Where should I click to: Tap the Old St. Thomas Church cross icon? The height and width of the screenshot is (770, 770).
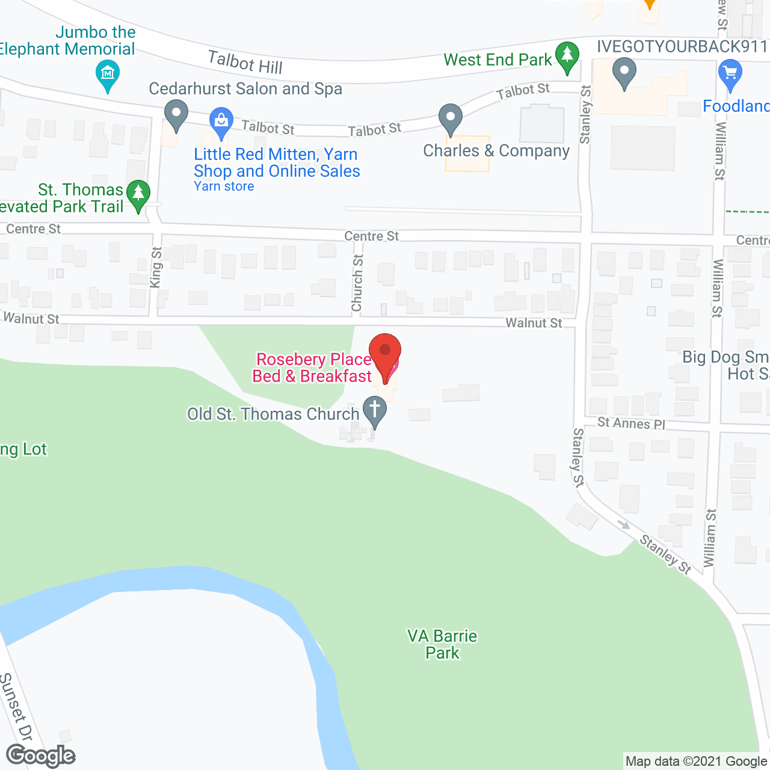(375, 411)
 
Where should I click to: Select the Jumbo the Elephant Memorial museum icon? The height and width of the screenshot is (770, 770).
(108, 75)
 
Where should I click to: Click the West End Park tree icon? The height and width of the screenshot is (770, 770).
(567, 56)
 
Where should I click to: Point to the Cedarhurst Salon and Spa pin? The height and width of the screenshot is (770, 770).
(176, 114)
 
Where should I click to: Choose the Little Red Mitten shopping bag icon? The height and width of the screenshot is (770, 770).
(221, 121)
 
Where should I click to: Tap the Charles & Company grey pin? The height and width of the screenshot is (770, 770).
(450, 118)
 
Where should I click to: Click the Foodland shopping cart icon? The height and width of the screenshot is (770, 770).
(730, 74)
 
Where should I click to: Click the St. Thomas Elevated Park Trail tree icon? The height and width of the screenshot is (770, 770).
(138, 194)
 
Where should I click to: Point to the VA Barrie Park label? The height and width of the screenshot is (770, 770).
(442, 644)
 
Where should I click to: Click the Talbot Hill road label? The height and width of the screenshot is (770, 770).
(245, 62)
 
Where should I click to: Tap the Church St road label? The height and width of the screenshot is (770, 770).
(357, 283)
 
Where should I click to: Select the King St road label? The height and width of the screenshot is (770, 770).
(156, 267)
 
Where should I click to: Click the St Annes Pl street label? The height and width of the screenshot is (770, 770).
(631, 423)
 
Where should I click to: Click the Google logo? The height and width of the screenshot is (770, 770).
(40, 756)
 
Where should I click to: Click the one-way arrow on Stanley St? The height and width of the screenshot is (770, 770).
(624, 525)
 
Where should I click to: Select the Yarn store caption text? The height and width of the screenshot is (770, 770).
(224, 186)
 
